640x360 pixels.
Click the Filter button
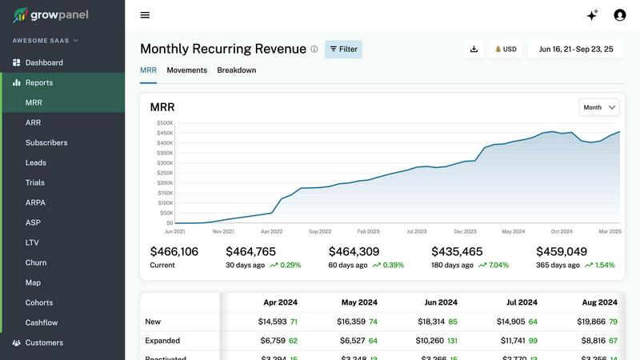pyautogui.click(x=343, y=49)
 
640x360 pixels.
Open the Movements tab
pyautogui.click(x=186, y=70)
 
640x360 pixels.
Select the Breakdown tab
pyautogui.click(x=237, y=70)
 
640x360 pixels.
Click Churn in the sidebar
pyautogui.click(x=36, y=262)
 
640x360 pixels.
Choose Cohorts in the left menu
pyautogui.click(x=39, y=302)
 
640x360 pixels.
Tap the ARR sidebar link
pyautogui.click(x=33, y=122)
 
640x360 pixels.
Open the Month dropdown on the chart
pyautogui.click(x=600, y=107)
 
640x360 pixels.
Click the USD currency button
pyautogui.click(x=504, y=49)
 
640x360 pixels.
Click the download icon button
pyautogui.click(x=474, y=49)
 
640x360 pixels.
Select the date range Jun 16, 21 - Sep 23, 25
pyautogui.click(x=576, y=49)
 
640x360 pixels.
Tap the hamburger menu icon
pyautogui.click(x=145, y=15)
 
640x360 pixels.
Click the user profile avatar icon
pyautogui.click(x=619, y=15)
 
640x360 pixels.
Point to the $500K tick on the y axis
pyautogui.click(x=165, y=123)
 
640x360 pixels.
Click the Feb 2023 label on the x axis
pyautogui.click(x=368, y=231)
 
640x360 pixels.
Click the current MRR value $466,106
pyautogui.click(x=174, y=251)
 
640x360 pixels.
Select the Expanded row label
pyautogui.click(x=162, y=340)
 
